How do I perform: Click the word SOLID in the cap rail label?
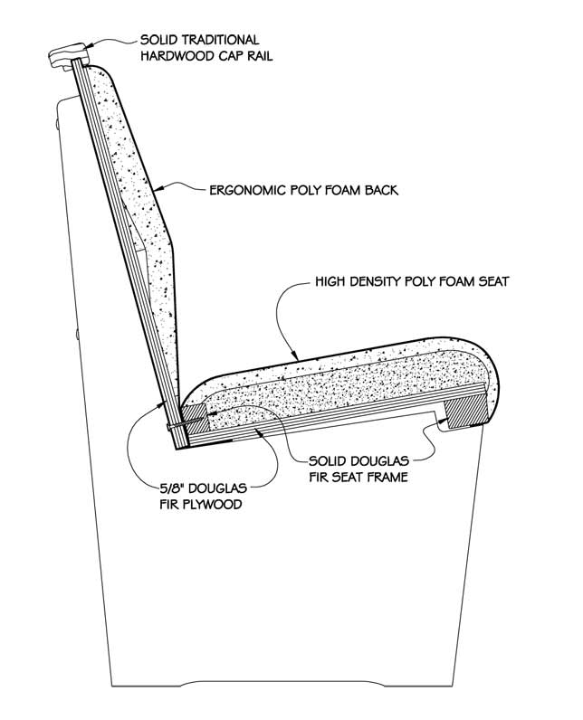click(160, 40)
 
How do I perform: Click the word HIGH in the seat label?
click(331, 282)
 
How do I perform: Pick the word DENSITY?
click(378, 282)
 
